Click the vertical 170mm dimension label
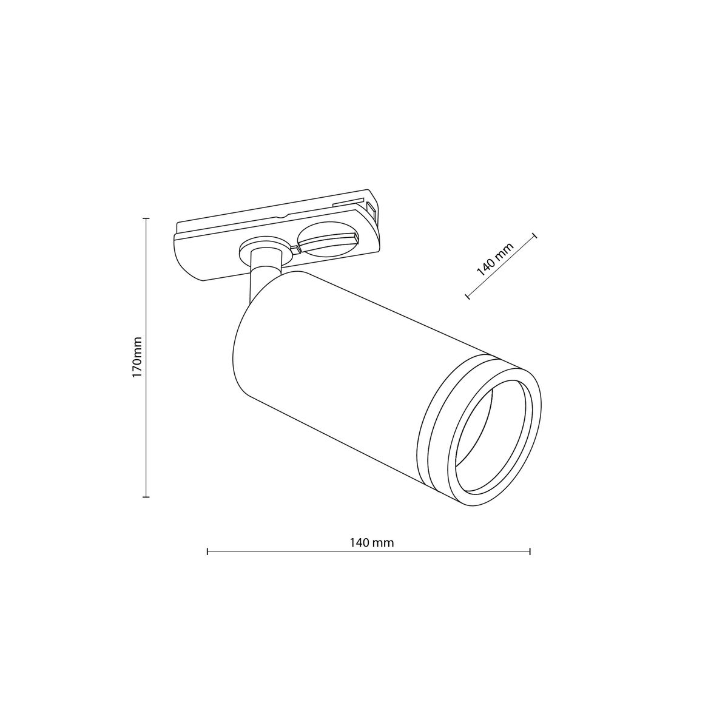click(x=138, y=358)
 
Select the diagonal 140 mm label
click(x=494, y=259)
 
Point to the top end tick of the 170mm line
click(x=146, y=218)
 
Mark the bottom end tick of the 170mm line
click(x=146, y=497)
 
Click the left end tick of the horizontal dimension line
click(x=207, y=551)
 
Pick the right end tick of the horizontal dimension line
click(x=530, y=551)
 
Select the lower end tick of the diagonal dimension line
click(x=467, y=296)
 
